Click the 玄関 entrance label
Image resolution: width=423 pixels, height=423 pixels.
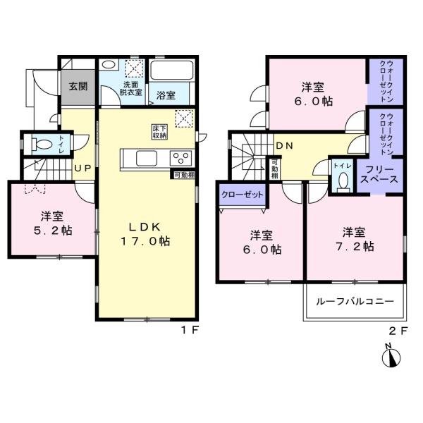(78, 86)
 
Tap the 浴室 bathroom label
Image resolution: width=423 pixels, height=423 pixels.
(166, 95)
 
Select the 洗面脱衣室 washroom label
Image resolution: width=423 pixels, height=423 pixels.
(130, 88)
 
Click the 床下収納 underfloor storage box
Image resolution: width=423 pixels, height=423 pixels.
(159, 132)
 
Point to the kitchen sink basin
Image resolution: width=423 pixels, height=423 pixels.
(147, 159)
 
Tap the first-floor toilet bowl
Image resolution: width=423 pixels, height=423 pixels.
(42, 143)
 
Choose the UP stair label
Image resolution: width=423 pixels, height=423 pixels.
(82, 168)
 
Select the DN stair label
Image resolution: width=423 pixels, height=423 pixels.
(285, 146)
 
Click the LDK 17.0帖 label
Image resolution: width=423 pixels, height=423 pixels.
(145, 234)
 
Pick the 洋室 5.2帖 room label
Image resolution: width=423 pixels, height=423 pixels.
(52, 223)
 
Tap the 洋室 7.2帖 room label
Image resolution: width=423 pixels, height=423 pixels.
(354, 239)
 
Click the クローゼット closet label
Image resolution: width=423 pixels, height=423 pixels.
(242, 195)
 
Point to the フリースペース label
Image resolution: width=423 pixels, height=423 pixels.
(379, 175)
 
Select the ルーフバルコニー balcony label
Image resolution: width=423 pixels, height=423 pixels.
(355, 301)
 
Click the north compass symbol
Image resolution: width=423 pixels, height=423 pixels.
(391, 357)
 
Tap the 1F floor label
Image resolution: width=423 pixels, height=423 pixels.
(190, 330)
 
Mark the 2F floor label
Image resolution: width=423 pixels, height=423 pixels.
(398, 331)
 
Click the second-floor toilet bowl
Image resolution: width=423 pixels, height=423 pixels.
(343, 181)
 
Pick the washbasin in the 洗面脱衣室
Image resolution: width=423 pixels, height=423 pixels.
(109, 65)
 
